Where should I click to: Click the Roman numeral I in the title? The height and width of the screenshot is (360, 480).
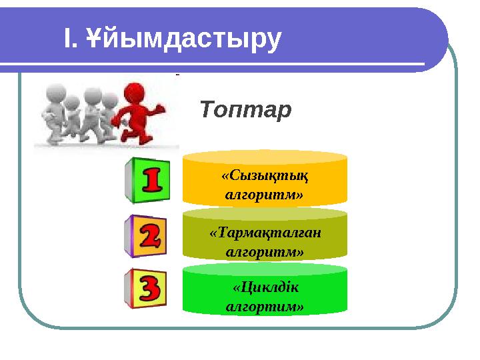(x=67, y=39)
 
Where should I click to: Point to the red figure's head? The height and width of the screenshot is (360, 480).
(x=137, y=91)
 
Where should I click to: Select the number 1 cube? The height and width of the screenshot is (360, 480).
(x=146, y=179)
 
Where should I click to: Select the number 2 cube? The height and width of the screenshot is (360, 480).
(x=146, y=235)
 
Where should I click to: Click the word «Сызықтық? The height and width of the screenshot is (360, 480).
(x=265, y=176)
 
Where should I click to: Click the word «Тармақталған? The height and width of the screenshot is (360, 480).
(x=265, y=233)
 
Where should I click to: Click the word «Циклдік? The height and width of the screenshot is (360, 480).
(x=265, y=287)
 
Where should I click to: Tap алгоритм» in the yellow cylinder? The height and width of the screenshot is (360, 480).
(x=265, y=195)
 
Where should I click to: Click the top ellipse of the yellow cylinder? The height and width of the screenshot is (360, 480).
(x=265, y=157)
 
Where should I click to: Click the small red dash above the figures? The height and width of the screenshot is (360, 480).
(x=177, y=75)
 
